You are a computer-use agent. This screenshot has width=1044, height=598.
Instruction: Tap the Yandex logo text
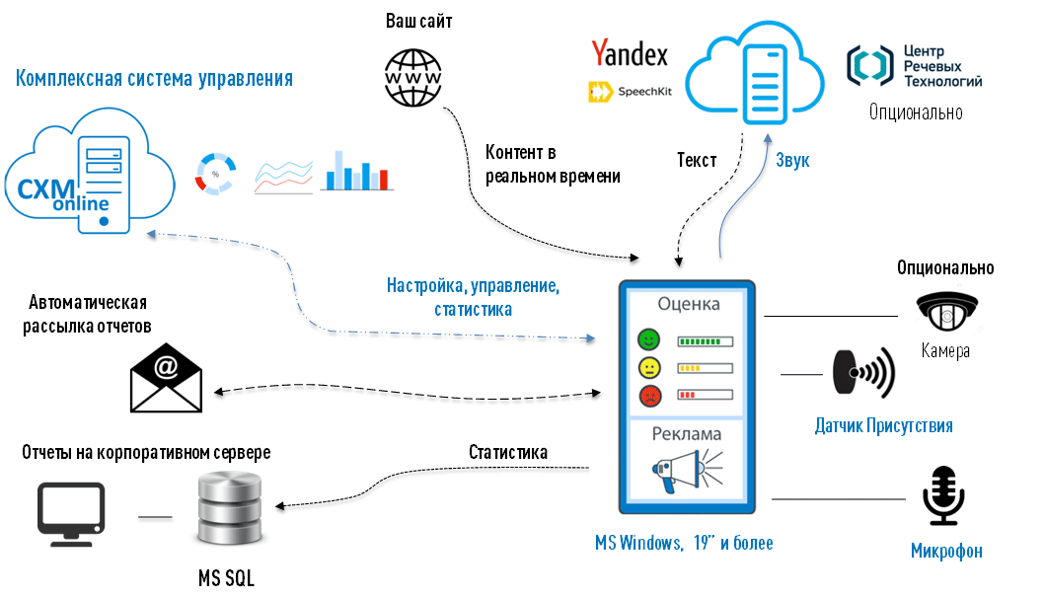(630, 53)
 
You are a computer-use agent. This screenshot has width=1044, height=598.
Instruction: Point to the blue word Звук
(792, 160)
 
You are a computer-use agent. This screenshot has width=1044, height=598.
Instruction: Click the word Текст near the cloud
(697, 160)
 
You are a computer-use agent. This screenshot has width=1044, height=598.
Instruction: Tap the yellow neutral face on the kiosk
(648, 368)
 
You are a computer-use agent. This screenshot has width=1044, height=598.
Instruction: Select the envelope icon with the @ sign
(166, 376)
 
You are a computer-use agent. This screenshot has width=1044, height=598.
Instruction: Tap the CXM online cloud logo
(89, 178)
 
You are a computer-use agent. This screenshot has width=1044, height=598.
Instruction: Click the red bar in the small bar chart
(384, 179)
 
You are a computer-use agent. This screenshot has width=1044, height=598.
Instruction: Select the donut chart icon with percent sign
(214, 173)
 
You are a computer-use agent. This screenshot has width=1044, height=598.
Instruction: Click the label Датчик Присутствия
(883, 426)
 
